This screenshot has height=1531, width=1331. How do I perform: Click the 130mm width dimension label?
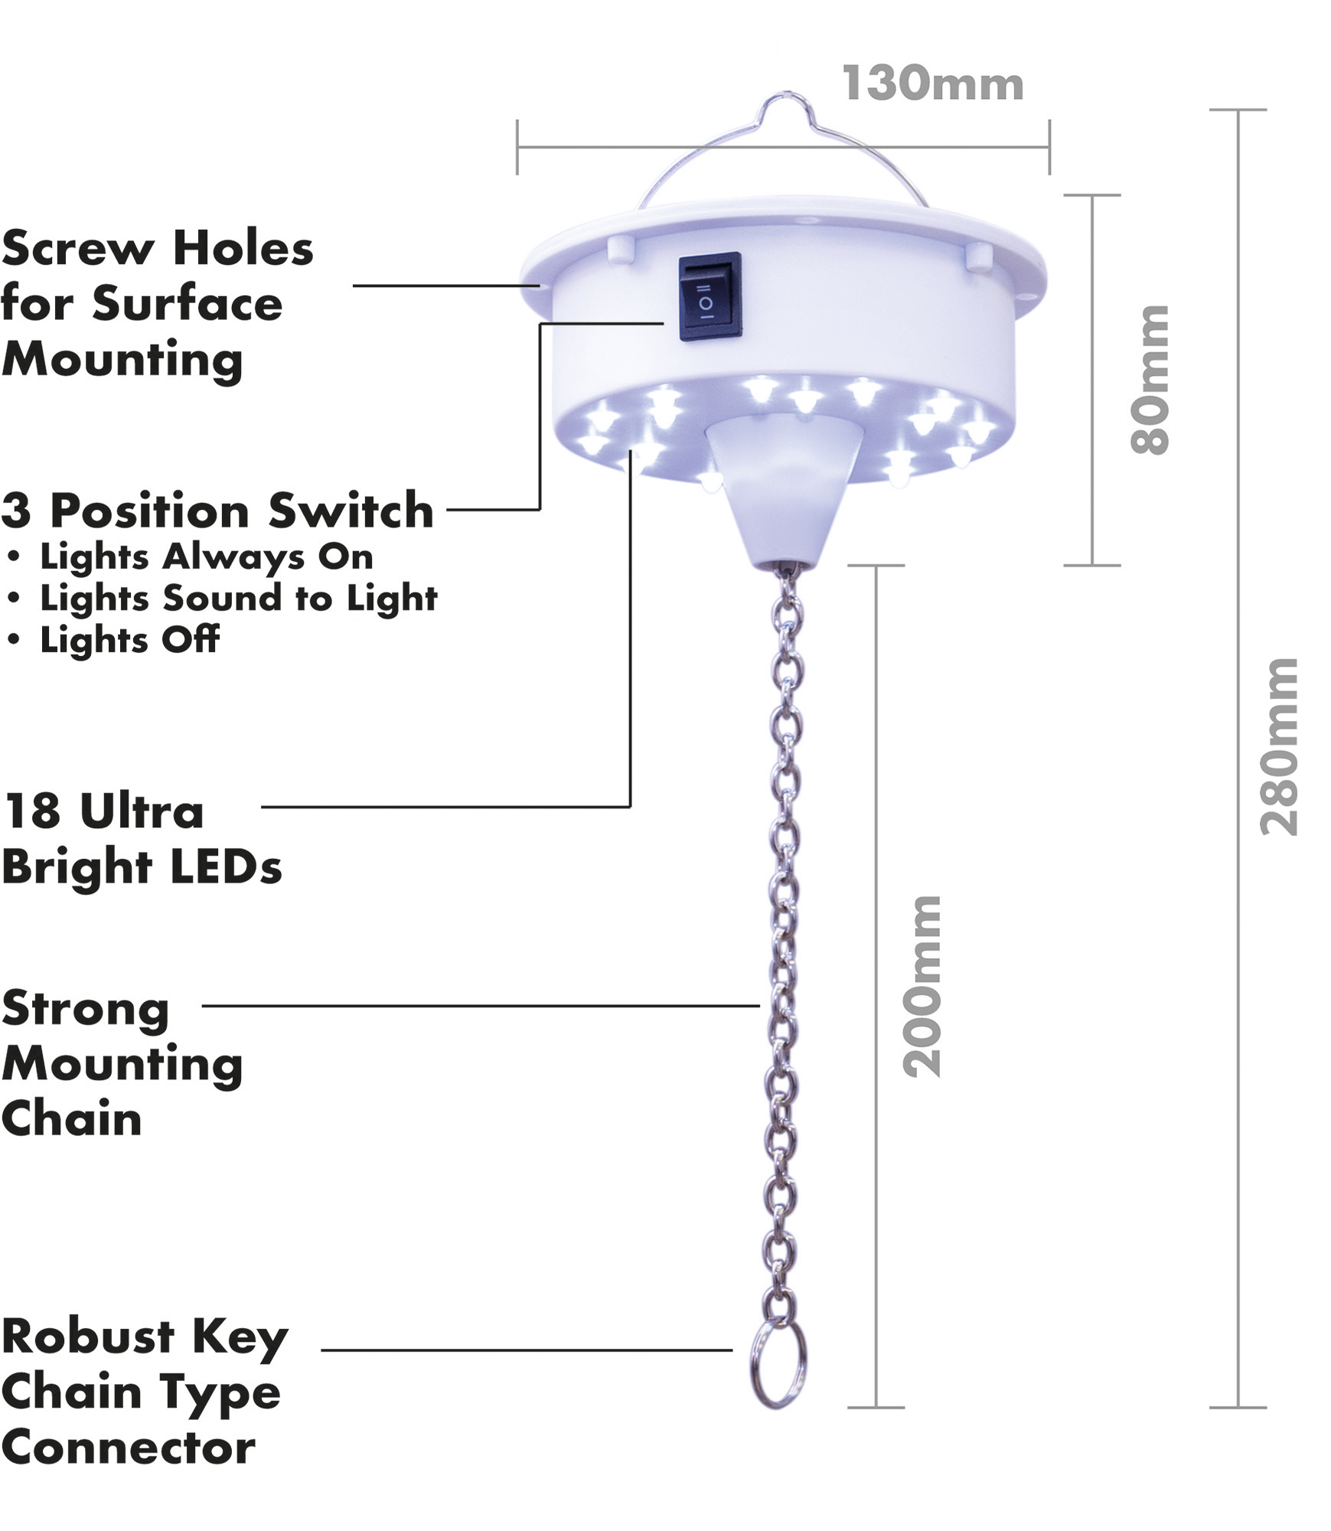[x=932, y=83]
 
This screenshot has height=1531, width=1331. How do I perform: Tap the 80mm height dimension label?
[x=1150, y=380]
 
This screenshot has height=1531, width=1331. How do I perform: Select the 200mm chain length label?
[x=922, y=987]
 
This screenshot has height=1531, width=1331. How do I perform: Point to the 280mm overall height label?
[x=1279, y=747]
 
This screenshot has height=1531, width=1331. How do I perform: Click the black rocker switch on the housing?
[x=710, y=296]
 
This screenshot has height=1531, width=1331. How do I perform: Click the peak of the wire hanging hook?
[x=781, y=97]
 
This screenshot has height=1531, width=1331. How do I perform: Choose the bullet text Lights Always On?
[x=206, y=557]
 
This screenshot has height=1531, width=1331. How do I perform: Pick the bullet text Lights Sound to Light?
[x=238, y=599]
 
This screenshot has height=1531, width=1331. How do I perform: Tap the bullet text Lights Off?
[x=129, y=640]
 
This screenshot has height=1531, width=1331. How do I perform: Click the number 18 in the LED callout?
[x=32, y=811]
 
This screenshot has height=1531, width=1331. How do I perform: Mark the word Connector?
[x=129, y=1448]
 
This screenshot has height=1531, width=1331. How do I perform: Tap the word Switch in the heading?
[x=351, y=511]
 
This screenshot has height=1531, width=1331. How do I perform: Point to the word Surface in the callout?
[x=188, y=304]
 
